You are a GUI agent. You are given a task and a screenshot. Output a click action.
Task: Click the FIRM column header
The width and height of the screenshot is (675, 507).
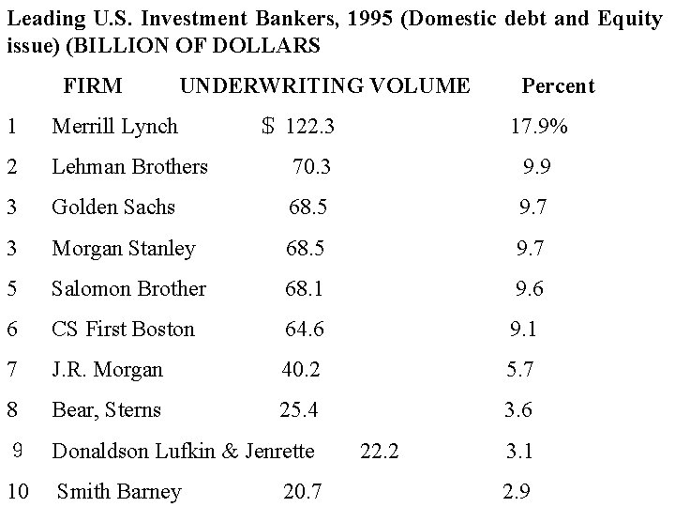pos(92,86)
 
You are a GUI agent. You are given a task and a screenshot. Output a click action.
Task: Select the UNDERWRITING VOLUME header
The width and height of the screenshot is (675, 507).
pos(324,86)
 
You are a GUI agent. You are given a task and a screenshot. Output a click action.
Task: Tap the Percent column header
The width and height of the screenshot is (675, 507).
pos(558,86)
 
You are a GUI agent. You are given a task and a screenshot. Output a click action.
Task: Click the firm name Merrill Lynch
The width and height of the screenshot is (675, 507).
pos(114,126)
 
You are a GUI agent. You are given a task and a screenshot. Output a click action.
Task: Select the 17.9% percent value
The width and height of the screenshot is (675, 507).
pos(538,126)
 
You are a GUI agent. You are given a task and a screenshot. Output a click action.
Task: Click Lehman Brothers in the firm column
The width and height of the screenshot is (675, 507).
pos(129,167)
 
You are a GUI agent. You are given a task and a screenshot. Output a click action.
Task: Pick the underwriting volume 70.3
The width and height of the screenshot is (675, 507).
pos(311,167)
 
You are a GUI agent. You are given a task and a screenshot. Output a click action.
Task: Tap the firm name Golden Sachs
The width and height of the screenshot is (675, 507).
pos(113,207)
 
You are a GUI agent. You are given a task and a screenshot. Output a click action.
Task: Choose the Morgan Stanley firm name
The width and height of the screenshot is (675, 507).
pos(124,249)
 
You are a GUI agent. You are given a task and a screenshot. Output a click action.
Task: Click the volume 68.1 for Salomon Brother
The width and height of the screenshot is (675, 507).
pos(305,289)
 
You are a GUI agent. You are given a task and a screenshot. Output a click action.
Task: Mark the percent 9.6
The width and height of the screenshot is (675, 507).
pos(529,289)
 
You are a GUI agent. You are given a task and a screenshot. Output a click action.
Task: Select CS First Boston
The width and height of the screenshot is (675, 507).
pos(123,330)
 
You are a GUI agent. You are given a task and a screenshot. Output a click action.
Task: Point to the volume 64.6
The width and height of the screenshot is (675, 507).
pos(305,330)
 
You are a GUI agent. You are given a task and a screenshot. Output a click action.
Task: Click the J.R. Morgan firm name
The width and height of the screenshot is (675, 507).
pos(107,370)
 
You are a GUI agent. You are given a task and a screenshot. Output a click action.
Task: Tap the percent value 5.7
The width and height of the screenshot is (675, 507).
pos(520,370)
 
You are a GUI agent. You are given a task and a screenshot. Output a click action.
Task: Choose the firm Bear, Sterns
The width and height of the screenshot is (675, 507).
pos(106,410)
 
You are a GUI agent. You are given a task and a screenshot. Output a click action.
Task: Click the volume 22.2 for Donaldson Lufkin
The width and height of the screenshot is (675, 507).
pos(380,452)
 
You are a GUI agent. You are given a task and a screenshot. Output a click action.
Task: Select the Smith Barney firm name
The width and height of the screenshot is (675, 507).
pos(119,492)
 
